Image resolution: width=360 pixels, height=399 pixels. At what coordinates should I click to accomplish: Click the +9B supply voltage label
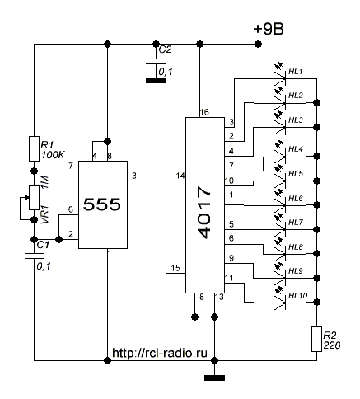(269, 29)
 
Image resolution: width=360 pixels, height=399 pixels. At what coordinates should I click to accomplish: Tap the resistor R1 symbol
(34, 148)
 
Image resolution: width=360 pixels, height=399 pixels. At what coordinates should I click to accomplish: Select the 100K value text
(53, 155)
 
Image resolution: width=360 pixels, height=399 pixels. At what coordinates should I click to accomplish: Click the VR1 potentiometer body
(34, 198)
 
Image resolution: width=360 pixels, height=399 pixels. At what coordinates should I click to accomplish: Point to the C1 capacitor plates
(35, 256)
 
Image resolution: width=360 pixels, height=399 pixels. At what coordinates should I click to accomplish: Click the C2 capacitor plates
(156, 61)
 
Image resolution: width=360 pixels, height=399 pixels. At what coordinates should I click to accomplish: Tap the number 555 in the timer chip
(102, 204)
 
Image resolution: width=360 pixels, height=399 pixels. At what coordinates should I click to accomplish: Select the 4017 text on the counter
(204, 212)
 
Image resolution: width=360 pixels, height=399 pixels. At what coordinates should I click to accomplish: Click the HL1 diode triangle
(279, 78)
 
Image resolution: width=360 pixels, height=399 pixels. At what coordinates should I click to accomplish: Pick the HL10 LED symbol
(279, 303)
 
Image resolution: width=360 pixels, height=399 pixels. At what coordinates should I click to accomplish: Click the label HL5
(296, 174)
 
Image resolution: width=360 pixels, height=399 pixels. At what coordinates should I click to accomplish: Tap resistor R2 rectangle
(316, 339)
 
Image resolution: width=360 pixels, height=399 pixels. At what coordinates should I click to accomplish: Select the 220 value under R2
(332, 345)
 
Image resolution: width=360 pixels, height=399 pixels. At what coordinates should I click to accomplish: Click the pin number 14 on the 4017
(180, 176)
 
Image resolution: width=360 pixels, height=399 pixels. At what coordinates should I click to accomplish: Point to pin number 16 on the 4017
(204, 112)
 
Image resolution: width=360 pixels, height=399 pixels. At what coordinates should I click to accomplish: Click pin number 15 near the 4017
(175, 268)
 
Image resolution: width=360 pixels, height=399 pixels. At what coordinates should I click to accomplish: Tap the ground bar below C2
(156, 81)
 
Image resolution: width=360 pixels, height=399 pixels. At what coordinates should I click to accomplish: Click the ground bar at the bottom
(215, 378)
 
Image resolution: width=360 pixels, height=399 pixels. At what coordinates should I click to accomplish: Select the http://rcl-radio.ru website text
(160, 353)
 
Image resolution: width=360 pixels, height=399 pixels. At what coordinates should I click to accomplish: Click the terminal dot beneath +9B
(258, 44)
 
